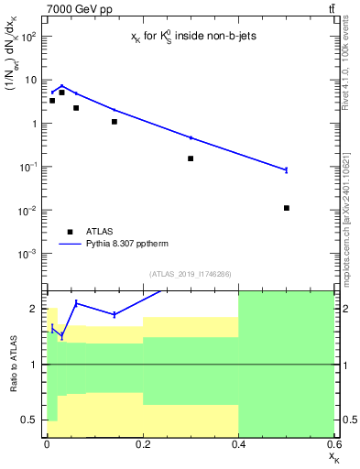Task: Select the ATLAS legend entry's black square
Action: pos(70,232)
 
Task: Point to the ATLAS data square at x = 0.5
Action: pos(287,208)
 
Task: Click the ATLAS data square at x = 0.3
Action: pos(191,158)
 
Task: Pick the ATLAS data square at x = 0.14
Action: pos(114,122)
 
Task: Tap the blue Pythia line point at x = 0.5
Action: pos(287,169)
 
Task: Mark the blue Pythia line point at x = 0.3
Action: pos(191,137)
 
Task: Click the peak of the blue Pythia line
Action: pos(61,86)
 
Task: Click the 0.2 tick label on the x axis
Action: pos(142,444)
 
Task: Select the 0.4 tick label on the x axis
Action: pos(238,444)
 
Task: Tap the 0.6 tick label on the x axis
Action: pos(333,444)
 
